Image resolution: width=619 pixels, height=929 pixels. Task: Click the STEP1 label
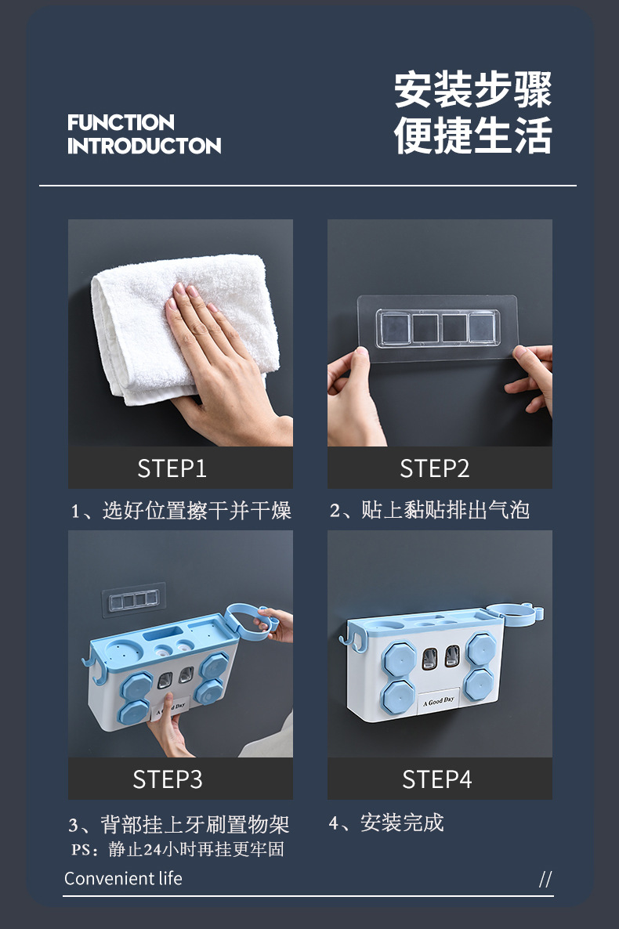coord(172,468)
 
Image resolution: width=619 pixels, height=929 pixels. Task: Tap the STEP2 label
coord(435,468)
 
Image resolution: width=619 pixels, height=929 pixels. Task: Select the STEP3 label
coord(167,779)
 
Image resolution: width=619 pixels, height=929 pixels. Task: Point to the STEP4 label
coord(437,779)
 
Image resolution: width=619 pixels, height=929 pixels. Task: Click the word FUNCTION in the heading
coord(121,123)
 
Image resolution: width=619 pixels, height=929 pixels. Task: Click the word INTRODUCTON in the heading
coord(144,146)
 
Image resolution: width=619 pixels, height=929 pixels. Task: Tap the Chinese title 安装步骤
coord(473,89)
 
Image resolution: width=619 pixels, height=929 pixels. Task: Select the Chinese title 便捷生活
coord(473,135)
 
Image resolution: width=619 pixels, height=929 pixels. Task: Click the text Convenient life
coord(123,878)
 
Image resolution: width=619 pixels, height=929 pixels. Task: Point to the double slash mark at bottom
coord(545,879)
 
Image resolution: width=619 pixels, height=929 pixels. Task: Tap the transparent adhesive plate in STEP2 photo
coord(437,328)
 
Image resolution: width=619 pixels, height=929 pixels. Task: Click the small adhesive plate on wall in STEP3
coord(134,599)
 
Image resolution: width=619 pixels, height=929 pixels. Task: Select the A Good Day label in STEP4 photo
coord(439,701)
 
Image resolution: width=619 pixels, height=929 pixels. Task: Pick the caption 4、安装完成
coord(386,822)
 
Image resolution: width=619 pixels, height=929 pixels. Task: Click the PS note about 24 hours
coord(178,849)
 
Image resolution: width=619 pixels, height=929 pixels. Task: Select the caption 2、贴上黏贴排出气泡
coord(429,510)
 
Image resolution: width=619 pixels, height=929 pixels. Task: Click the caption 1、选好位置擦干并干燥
coord(181,510)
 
